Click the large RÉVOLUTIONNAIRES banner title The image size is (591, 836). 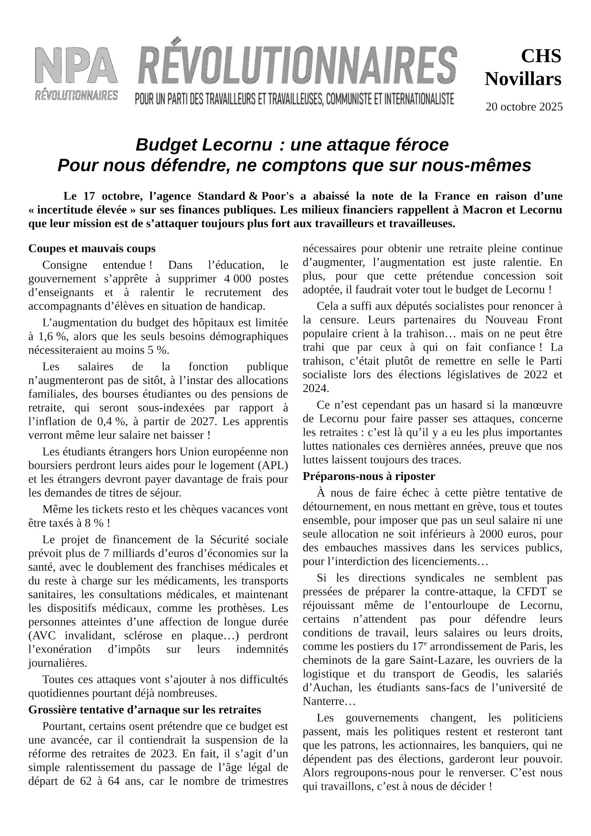click(x=297, y=66)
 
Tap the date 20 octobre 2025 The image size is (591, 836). click(x=524, y=107)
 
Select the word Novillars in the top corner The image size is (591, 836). click(x=523, y=79)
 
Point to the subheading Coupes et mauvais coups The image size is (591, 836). click(x=92, y=249)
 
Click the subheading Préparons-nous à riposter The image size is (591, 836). click(x=369, y=476)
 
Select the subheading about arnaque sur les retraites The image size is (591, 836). click(x=145, y=709)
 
